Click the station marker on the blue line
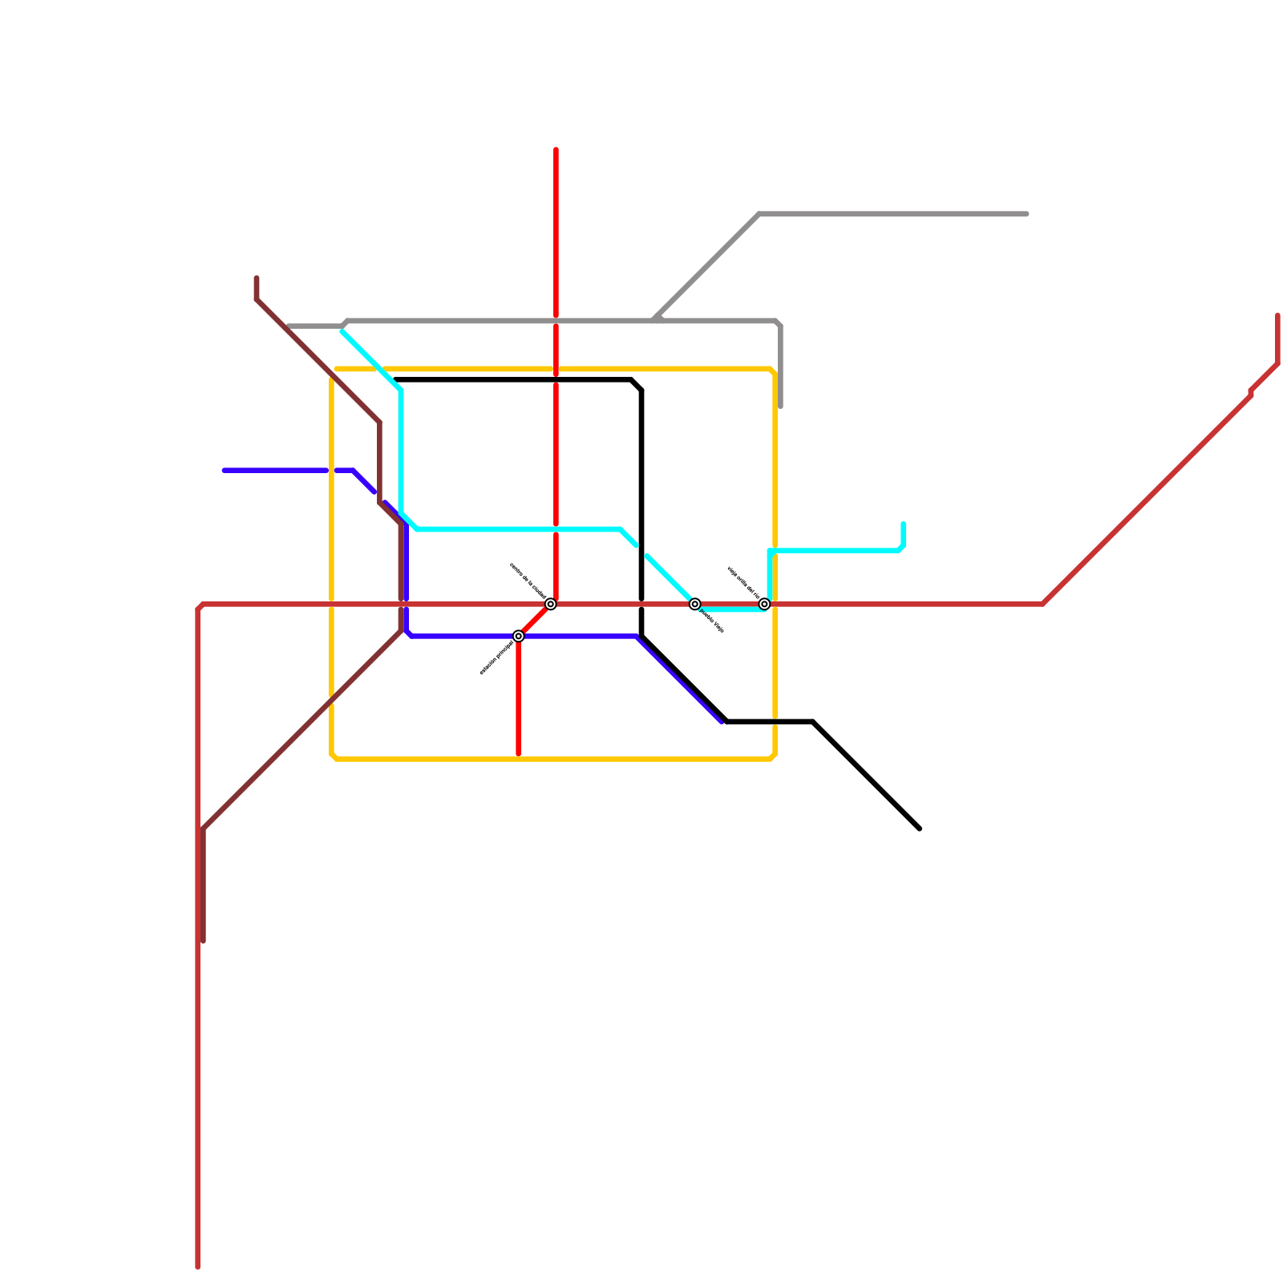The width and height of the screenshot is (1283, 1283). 519,636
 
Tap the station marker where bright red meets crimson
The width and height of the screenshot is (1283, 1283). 551,604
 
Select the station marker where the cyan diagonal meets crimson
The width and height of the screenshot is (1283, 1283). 695,604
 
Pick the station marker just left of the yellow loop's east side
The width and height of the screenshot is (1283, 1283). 765,604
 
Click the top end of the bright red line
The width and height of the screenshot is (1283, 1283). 556,150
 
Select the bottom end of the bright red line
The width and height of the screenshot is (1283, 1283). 519,755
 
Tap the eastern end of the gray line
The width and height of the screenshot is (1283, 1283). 1027,214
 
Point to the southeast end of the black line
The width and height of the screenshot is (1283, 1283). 919,828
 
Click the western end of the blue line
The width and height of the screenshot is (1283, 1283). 225,471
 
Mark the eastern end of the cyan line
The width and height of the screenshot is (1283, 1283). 904,524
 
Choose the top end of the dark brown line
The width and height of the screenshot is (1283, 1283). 257,278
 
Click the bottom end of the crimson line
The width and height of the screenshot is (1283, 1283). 198,1268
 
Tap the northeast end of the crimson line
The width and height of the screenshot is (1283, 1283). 1278,315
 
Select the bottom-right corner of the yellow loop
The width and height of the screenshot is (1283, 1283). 774,757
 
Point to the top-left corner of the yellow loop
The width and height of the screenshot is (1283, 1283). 334,371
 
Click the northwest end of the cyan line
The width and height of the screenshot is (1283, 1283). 343,331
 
